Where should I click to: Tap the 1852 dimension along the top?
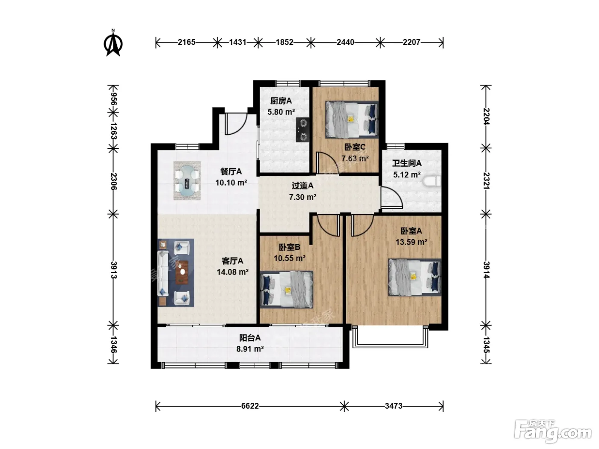(x=285, y=42)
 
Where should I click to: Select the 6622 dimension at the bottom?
(x=250, y=406)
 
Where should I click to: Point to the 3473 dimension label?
(x=394, y=406)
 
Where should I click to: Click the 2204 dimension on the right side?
(x=486, y=116)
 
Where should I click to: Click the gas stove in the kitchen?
(x=302, y=130)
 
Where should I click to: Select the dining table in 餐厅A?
(x=187, y=181)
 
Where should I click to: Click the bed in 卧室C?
(x=352, y=120)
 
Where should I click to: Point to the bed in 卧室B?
(x=287, y=289)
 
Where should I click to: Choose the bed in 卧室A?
(x=415, y=277)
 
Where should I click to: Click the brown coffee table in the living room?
(x=182, y=272)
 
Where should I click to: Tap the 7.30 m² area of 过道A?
(x=302, y=197)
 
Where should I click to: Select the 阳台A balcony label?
(x=250, y=338)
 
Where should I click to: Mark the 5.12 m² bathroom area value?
(x=407, y=175)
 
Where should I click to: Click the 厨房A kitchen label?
(x=281, y=101)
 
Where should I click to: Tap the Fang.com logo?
(x=553, y=431)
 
